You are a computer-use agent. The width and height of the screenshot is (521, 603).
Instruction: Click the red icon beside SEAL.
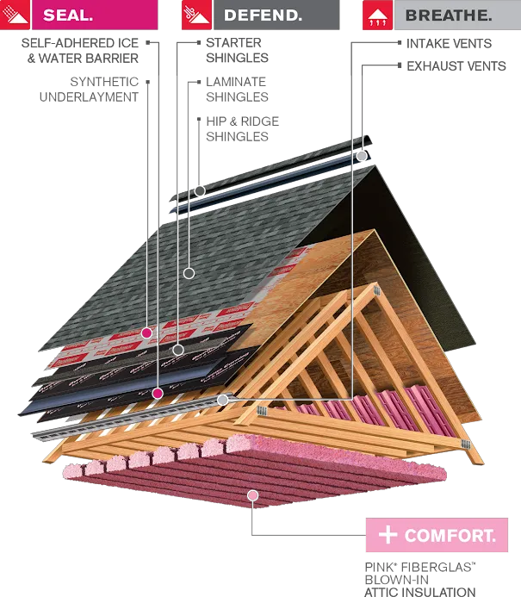click(15, 15)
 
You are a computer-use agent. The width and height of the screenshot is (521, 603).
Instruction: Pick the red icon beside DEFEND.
click(196, 15)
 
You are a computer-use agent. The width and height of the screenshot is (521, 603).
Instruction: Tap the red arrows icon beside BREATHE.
click(377, 15)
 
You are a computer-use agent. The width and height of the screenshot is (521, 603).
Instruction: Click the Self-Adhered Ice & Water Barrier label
click(80, 50)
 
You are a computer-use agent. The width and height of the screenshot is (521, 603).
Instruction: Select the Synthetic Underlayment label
click(89, 90)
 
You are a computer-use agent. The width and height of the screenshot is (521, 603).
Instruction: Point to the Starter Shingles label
click(237, 50)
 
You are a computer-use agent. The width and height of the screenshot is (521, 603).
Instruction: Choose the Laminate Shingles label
click(237, 90)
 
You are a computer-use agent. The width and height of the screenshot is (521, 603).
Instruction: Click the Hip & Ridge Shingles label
click(242, 129)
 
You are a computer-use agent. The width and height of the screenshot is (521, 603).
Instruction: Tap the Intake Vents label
click(449, 43)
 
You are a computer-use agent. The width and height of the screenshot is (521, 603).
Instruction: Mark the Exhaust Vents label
click(456, 66)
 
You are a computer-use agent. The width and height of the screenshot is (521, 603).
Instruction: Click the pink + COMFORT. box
click(437, 535)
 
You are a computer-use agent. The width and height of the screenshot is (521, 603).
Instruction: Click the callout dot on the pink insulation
click(252, 495)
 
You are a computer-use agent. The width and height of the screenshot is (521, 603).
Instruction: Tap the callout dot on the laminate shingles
click(189, 273)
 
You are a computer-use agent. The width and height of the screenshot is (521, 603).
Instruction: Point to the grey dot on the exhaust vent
click(362, 156)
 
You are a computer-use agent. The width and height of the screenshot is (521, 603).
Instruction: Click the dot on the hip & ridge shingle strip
click(200, 190)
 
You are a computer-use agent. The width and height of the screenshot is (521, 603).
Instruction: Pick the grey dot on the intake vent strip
click(223, 400)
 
